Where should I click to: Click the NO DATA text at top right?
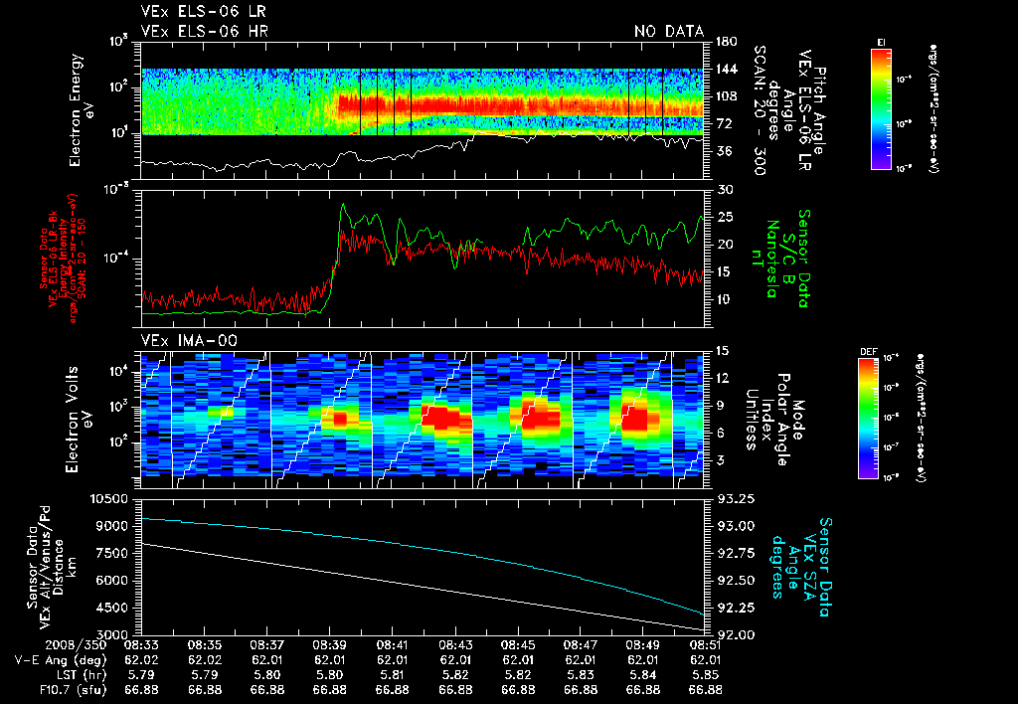coord(669,31)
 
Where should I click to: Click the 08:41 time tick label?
coord(393,644)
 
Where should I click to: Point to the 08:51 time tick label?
coord(704,644)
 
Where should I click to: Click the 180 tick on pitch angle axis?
coord(725,41)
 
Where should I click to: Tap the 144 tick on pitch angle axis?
coord(725,69)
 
